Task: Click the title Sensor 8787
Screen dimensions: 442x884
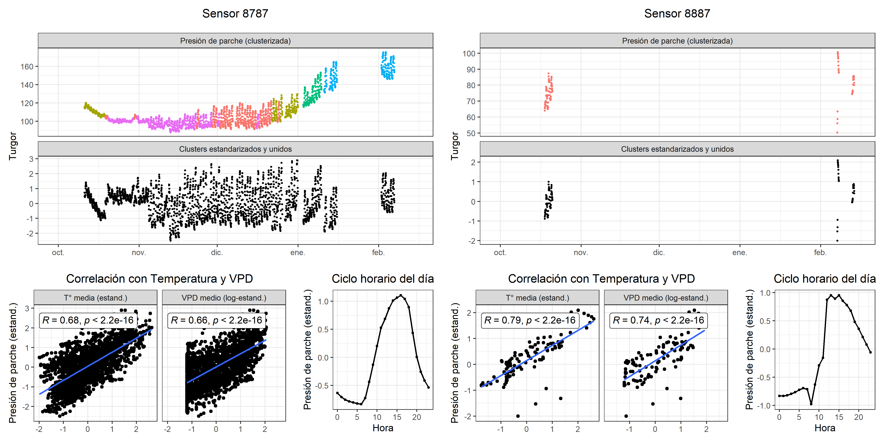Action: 235,13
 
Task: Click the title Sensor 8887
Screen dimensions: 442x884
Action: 677,13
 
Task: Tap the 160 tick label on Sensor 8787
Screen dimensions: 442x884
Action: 27,67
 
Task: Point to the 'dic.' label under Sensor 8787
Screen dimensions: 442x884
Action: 217,253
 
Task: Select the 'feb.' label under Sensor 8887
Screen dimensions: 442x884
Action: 820,253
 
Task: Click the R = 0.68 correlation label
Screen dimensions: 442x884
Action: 88,320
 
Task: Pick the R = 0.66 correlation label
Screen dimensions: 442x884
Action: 217,320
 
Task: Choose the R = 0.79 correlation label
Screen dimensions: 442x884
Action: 530,320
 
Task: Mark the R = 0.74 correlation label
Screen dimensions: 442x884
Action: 658,320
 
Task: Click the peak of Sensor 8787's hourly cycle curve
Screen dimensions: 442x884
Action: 401,296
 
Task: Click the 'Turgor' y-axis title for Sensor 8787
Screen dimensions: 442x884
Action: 13,146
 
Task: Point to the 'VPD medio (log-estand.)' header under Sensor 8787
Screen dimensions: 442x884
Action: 224,298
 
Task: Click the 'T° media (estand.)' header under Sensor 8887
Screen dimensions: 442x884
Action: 537,298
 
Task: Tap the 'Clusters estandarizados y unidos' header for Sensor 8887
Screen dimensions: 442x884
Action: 677,149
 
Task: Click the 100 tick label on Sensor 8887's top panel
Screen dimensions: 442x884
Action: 469,53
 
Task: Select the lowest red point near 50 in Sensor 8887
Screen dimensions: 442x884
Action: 837,132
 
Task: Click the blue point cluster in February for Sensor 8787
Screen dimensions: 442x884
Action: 388,67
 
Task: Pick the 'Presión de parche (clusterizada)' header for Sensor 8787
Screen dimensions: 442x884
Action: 235,41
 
